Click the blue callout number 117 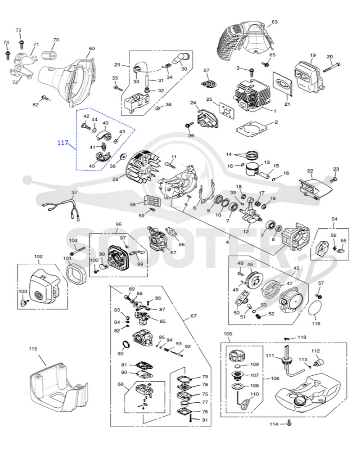(x=63, y=143)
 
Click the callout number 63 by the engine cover (x=274, y=22)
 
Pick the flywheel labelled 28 (x=142, y=168)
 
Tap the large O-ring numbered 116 (x=315, y=309)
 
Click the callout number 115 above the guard (x=33, y=349)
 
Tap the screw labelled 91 (x=191, y=419)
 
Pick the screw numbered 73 (x=21, y=45)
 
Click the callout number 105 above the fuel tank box (x=228, y=334)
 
